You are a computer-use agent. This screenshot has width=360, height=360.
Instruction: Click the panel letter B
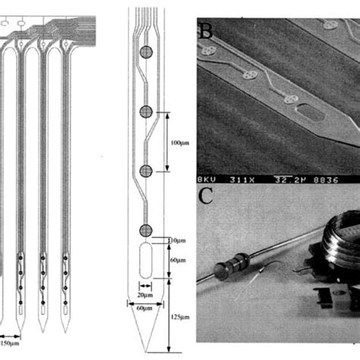pyautogui.click(x=206, y=31)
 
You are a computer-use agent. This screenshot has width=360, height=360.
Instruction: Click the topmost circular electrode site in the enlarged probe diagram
pyautogui.click(x=145, y=53)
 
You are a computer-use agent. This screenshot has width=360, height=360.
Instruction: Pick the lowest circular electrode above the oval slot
pyautogui.click(x=145, y=230)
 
